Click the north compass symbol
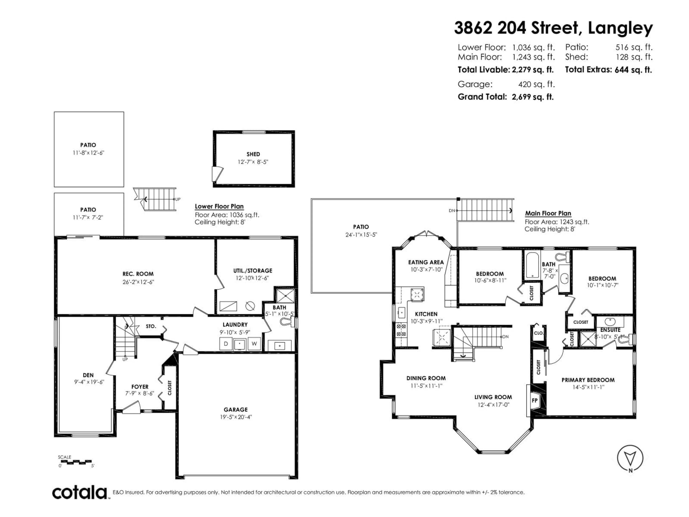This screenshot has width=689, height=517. (x=630, y=458)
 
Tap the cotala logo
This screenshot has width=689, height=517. (x=80, y=493)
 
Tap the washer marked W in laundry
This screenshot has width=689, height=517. (x=254, y=344)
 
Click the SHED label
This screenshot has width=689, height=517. (x=253, y=154)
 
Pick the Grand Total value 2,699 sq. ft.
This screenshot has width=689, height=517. (x=533, y=97)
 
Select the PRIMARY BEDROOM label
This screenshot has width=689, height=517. (x=588, y=380)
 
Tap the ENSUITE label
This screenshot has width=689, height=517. (x=610, y=330)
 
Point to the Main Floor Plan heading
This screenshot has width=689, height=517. (x=548, y=213)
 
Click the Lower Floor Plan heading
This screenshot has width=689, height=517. (x=219, y=206)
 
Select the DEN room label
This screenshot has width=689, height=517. (x=88, y=375)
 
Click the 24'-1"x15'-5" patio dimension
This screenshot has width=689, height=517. (x=361, y=235)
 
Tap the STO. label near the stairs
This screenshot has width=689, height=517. (x=151, y=326)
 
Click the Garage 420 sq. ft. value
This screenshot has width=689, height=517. (x=536, y=84)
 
